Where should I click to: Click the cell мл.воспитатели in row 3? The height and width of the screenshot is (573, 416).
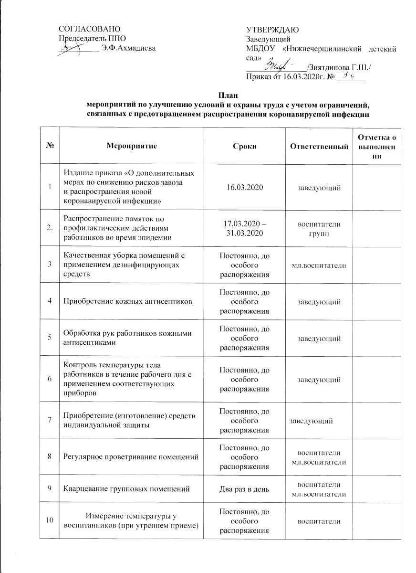[318, 265]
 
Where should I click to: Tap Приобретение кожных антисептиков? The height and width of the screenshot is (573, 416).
[128, 302]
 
